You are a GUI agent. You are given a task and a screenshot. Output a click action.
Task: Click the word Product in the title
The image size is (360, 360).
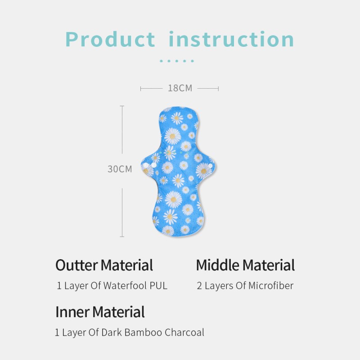[x=111, y=39]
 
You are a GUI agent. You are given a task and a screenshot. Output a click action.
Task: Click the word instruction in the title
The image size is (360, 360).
[x=231, y=39]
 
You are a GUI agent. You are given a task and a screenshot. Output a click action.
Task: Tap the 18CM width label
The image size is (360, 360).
[x=180, y=88]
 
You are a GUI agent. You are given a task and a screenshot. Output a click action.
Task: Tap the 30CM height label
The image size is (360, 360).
[x=120, y=169]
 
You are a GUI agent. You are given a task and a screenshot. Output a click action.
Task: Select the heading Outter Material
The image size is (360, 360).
[x=104, y=265]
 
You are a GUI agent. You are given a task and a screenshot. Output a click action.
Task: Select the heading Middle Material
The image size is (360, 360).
[x=245, y=265]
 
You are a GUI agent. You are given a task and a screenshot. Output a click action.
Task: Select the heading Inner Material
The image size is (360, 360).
[x=100, y=311]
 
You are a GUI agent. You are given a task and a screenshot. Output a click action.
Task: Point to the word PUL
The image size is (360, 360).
[x=158, y=286]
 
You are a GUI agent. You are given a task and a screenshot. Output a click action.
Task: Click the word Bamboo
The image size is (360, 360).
[x=143, y=333]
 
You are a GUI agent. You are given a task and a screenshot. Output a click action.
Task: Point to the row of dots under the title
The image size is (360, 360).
[x=177, y=61]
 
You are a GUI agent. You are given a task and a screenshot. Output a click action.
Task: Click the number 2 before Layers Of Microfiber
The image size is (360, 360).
[x=199, y=286]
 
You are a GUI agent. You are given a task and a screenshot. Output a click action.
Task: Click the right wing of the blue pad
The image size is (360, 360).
[x=206, y=166]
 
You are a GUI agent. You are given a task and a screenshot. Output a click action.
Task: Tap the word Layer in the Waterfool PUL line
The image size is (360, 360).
[x=75, y=286]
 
